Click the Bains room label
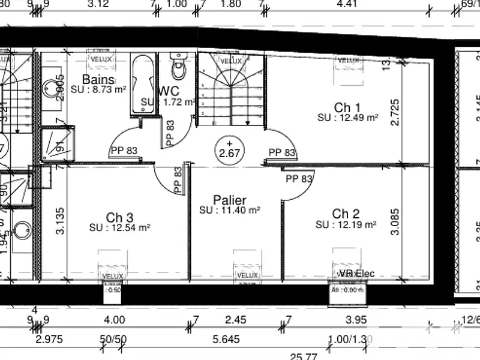[98, 79]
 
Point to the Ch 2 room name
[346, 214]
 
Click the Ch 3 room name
[119, 217]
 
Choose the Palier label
[230, 200]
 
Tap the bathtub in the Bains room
[142, 84]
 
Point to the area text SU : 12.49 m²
[348, 118]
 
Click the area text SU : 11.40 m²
[230, 211]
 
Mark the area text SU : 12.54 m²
[119, 227]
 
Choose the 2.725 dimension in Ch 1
[395, 112]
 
